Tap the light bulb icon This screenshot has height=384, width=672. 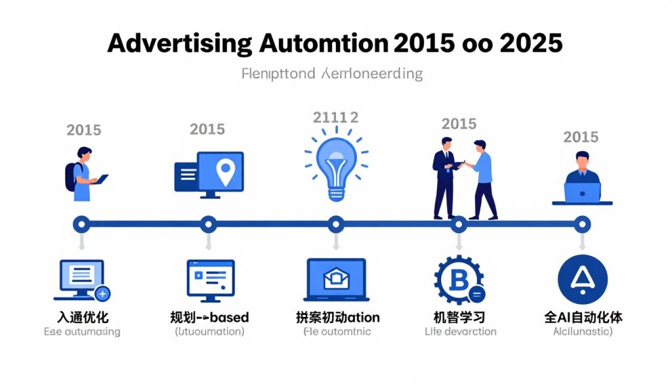tap(336, 164)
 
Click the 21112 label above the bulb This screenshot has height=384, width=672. tap(335, 117)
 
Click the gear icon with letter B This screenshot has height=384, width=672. tap(459, 280)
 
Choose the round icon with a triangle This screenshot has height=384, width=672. tap(581, 280)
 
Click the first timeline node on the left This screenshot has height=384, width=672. tap(81, 224)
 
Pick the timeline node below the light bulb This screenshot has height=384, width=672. tap(336, 224)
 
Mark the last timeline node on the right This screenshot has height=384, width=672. tap(581, 224)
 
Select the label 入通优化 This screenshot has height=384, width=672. tap(81, 318)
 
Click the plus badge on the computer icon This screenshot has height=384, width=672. tap(103, 293)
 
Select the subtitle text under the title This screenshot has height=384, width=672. tap(332, 73)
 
